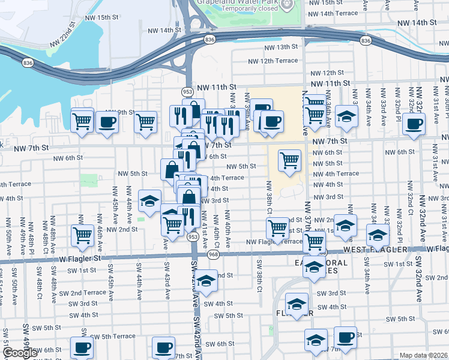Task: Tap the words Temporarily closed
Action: [250, 9]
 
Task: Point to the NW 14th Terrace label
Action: [331, 13]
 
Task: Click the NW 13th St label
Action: [280, 47]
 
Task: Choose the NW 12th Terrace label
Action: [274, 61]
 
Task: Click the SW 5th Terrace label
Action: [109, 336]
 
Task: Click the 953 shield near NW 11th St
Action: [187, 91]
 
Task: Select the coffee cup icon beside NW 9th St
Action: [107, 122]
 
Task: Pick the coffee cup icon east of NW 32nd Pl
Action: [414, 124]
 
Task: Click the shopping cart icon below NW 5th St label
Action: [289, 160]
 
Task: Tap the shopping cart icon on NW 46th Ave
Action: [82, 235]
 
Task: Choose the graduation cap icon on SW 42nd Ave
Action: [206, 281]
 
